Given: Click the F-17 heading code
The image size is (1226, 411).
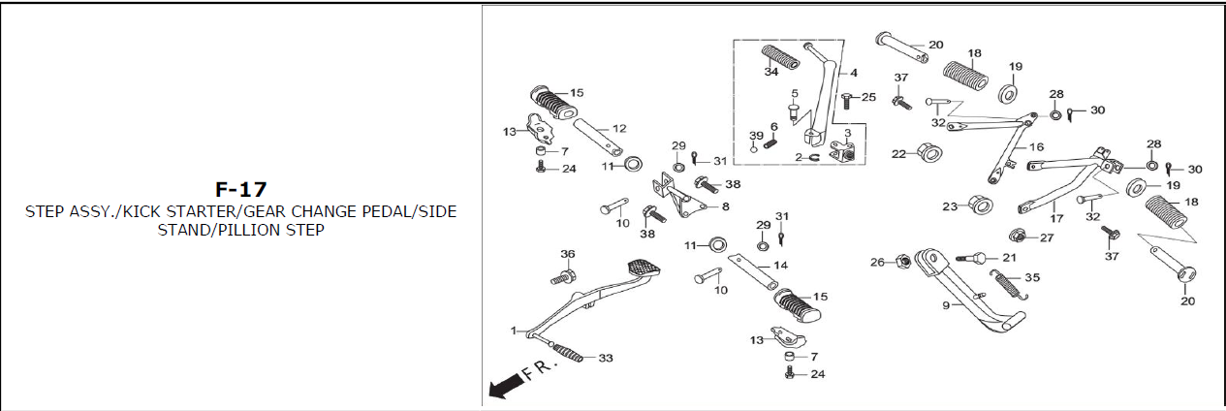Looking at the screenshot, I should tap(241, 189).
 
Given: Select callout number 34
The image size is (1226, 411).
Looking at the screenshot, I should tap(770, 72).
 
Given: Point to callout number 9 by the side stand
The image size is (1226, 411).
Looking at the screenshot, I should tap(945, 305).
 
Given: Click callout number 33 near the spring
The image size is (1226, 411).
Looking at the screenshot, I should tap(606, 359).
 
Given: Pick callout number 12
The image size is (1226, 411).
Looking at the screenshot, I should tap(619, 128).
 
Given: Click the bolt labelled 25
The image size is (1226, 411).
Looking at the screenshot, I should tap(845, 98).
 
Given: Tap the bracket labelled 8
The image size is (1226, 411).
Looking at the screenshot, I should tap(686, 201).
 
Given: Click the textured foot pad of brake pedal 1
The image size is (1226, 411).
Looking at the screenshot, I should tap(642, 266).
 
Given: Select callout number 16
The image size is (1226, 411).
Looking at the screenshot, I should tap(1037, 146).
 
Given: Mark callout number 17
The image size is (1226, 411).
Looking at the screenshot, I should tap(1056, 218).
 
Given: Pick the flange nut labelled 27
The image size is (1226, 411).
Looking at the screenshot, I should tap(1019, 235).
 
